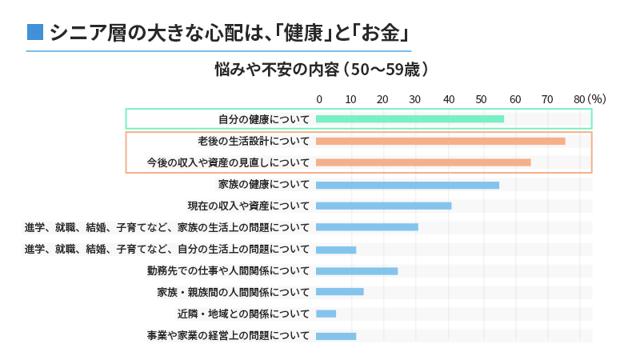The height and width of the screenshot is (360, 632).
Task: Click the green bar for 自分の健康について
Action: point(410,119)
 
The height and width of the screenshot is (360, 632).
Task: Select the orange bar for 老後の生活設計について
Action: point(440,141)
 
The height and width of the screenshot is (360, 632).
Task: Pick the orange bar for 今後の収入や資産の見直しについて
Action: point(423,162)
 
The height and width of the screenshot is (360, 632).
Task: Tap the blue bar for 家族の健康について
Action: point(407,185)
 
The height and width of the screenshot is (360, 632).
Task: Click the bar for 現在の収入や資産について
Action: point(383,206)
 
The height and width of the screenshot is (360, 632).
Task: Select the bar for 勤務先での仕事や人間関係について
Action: point(357,271)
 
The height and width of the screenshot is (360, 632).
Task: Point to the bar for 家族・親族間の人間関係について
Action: point(339,292)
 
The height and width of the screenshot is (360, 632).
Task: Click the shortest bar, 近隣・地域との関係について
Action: point(326,314)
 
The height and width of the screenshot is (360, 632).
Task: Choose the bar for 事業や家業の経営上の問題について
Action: point(336,336)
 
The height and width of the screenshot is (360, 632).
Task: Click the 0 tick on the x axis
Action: point(319,99)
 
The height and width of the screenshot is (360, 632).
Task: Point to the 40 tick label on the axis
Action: point(448,99)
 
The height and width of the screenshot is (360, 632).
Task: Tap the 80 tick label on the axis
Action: point(579,99)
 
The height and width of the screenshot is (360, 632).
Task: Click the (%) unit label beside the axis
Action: point(597,99)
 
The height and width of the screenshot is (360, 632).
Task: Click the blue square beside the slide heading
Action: point(34,33)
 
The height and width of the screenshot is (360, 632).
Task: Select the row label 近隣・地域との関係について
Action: point(243,314)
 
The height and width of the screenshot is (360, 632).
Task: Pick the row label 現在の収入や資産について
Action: point(248,206)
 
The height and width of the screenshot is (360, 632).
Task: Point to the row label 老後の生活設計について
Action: point(254,141)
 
